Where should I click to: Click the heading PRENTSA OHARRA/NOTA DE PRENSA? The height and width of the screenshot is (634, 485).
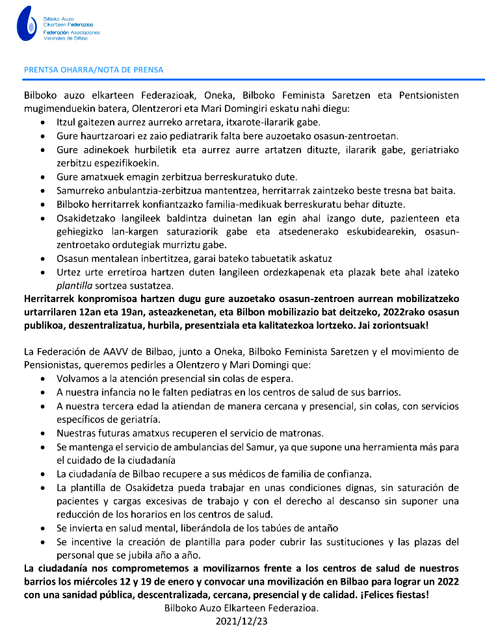point(94,70)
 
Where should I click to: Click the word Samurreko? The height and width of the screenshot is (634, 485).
point(80,190)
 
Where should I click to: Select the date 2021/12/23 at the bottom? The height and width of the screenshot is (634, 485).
point(242,622)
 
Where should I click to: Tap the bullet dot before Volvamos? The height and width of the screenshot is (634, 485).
point(43,379)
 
